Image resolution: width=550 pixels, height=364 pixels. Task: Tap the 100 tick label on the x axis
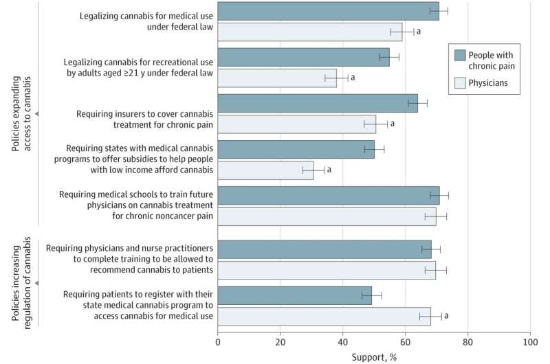[x=529, y=341]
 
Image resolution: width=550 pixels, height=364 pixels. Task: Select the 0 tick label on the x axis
[x=218, y=341]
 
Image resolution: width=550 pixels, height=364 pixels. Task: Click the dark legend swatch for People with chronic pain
[x=461, y=55]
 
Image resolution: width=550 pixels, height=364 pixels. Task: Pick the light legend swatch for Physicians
[x=461, y=84]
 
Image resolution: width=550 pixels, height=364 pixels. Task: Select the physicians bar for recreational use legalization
[x=277, y=78]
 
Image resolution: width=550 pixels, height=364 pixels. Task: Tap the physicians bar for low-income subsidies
[x=265, y=170]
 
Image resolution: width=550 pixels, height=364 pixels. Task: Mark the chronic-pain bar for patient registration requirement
[x=294, y=295]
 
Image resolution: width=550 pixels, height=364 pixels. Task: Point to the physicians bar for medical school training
[x=327, y=216]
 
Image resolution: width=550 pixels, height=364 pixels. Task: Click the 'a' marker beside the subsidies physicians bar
[x=329, y=169]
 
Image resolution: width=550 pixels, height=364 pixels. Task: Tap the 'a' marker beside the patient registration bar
[x=446, y=316]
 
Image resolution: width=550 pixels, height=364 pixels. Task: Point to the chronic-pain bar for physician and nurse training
[x=324, y=249]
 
